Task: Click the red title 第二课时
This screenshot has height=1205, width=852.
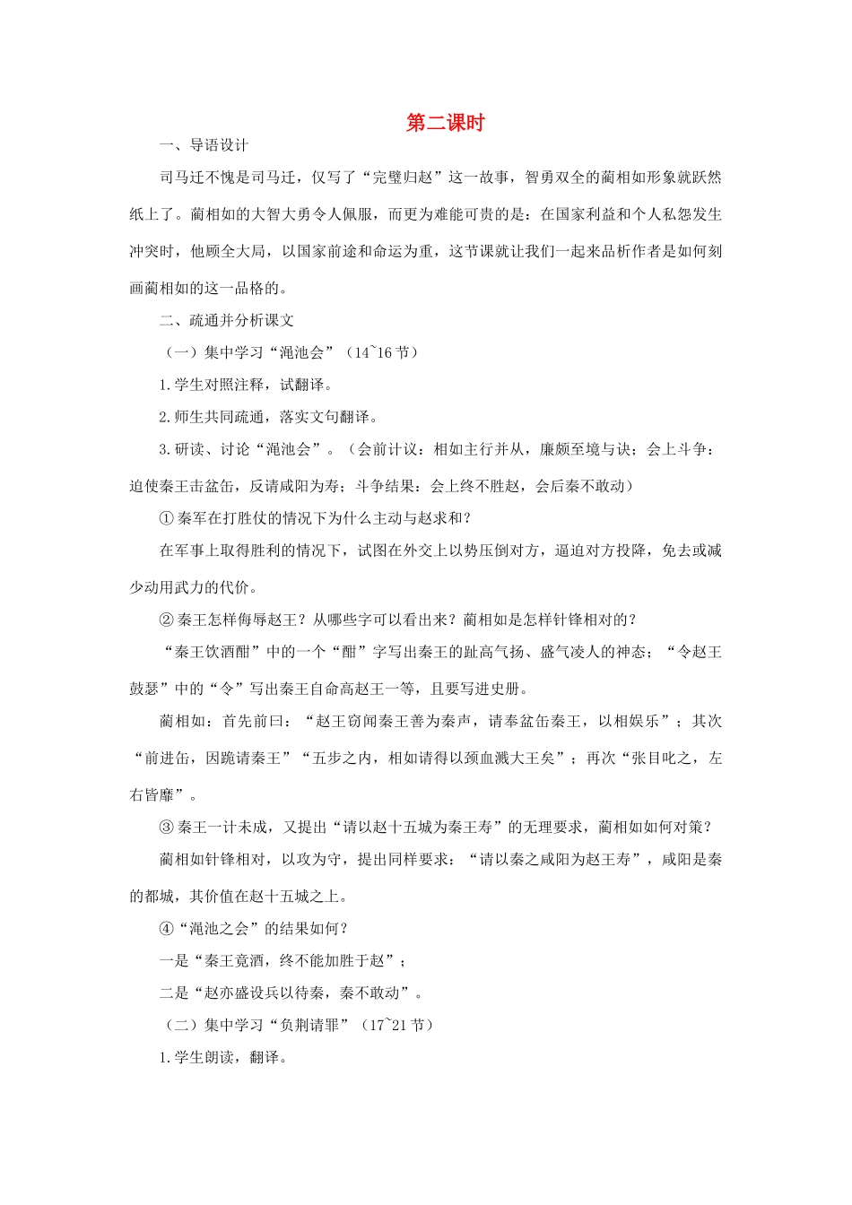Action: point(445,124)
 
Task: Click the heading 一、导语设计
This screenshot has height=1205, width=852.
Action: point(204,146)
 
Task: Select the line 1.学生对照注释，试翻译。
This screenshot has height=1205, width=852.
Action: point(247,385)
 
